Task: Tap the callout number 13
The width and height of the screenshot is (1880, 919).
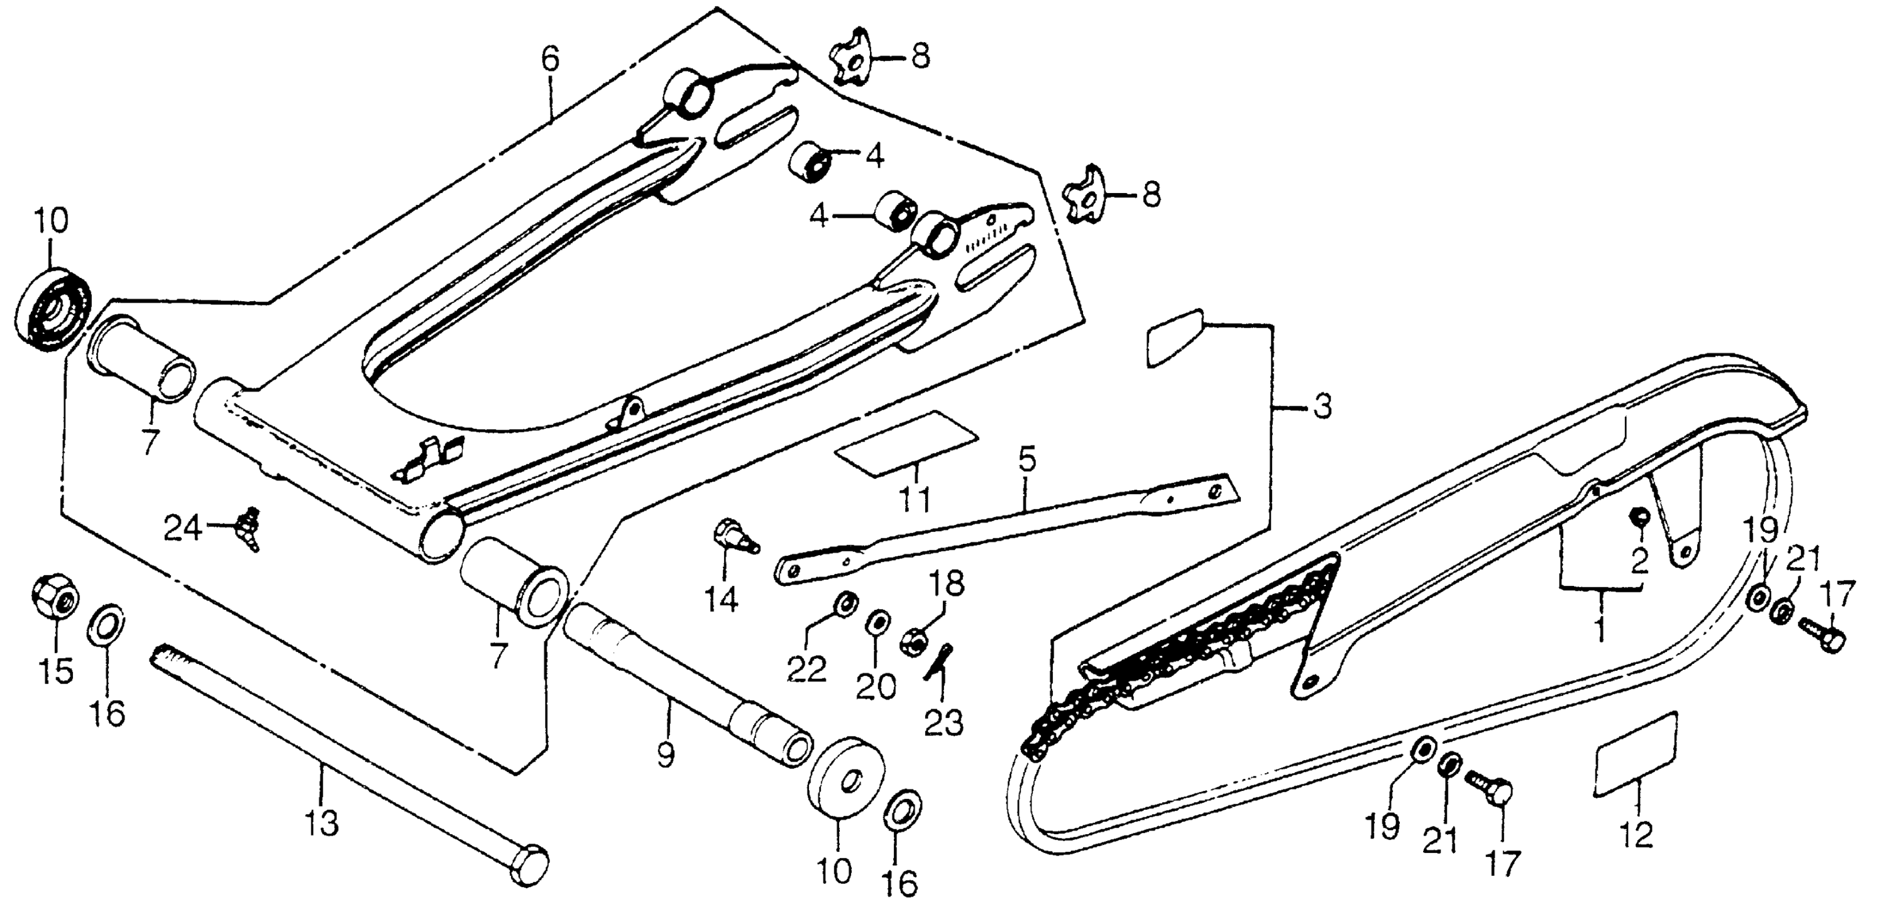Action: click(322, 823)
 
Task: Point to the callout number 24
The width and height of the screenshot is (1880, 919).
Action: click(182, 528)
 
